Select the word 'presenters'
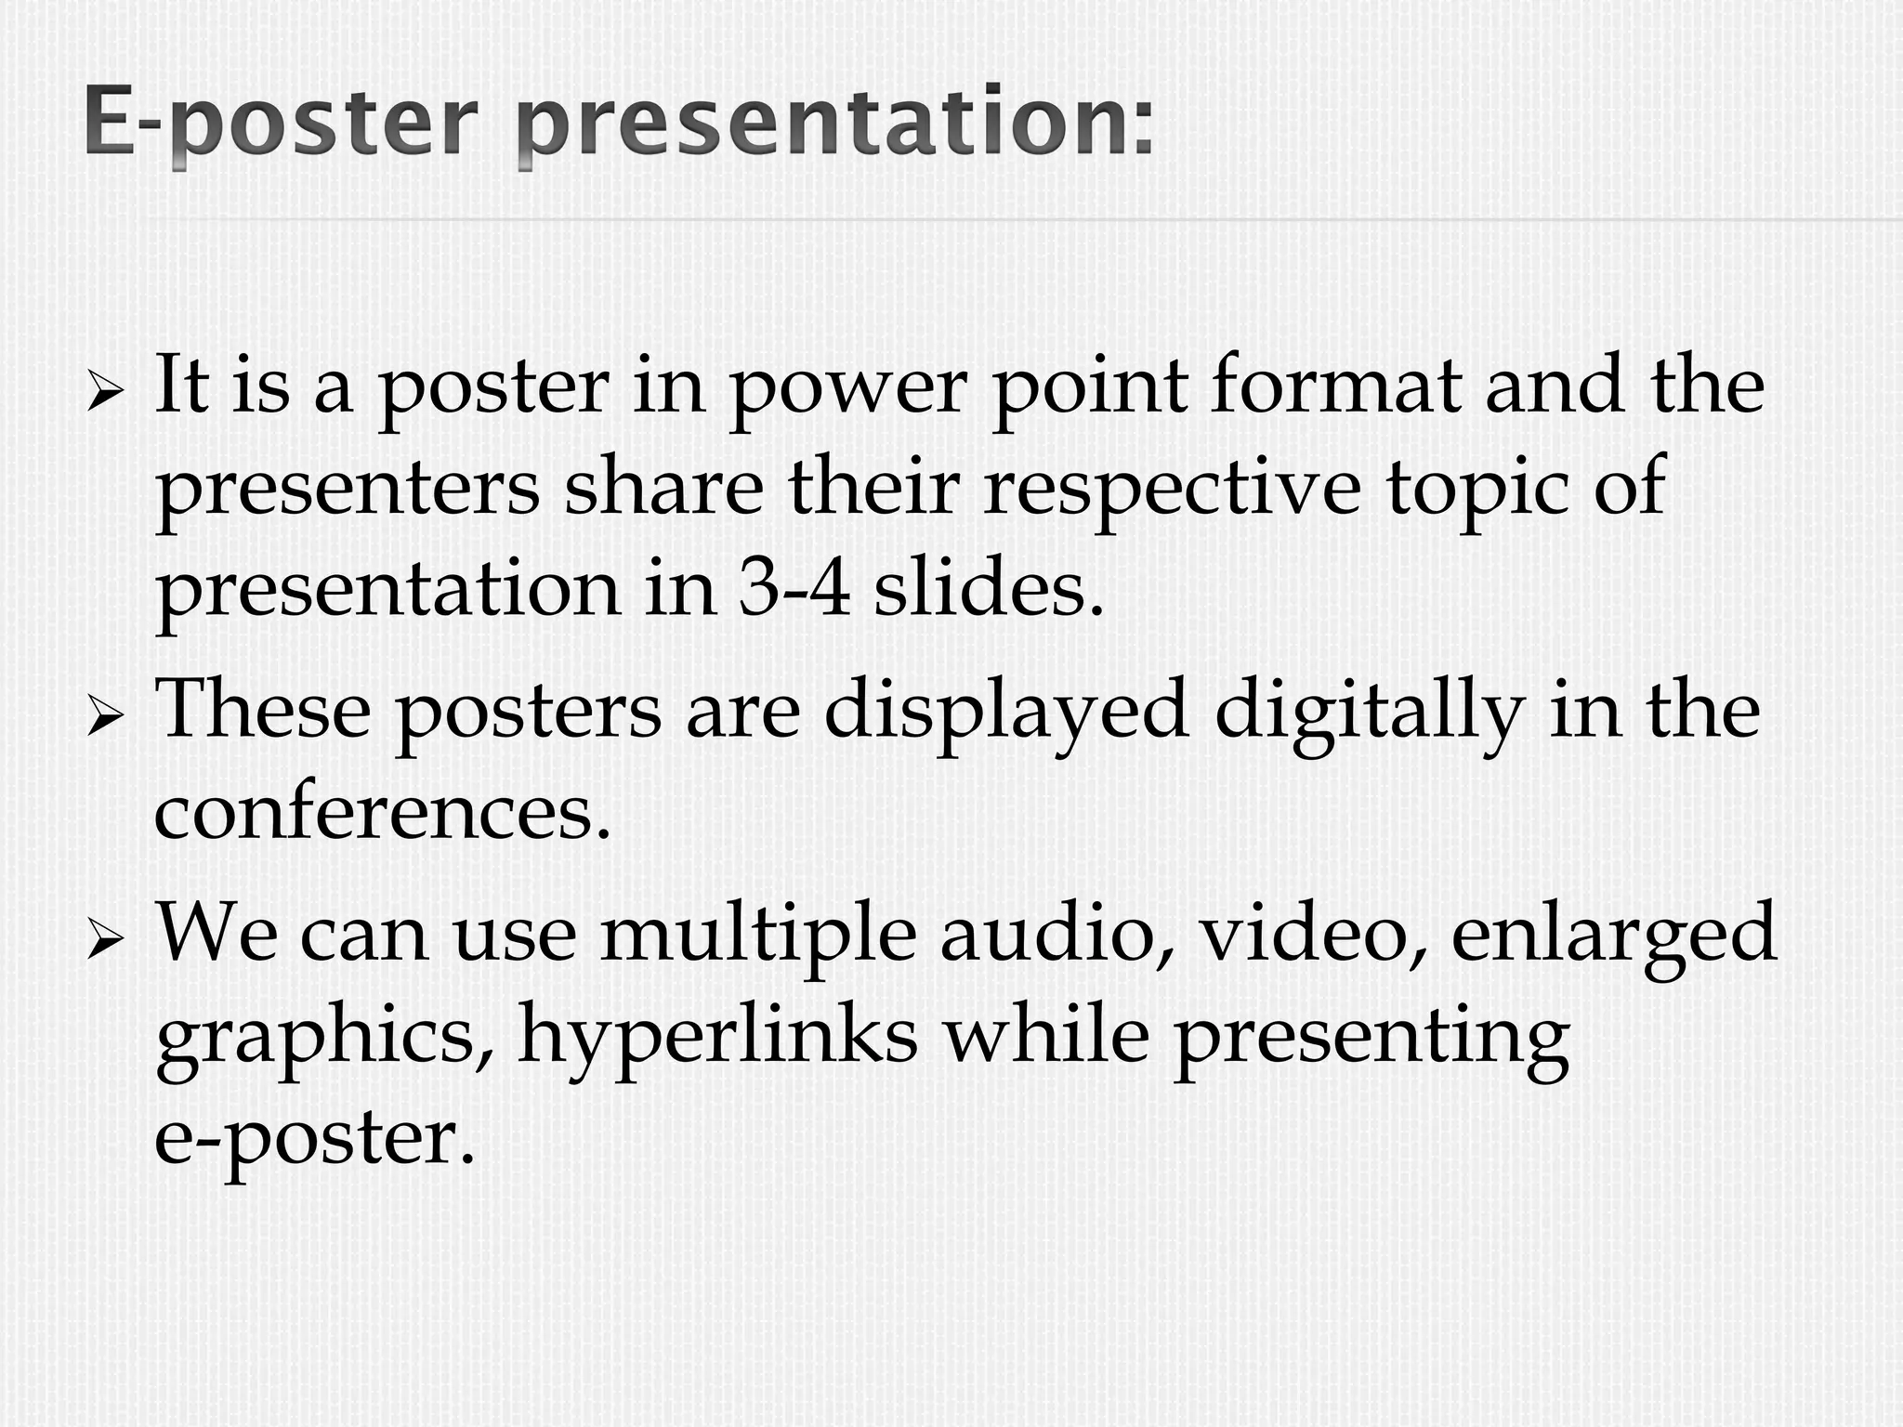[347, 492]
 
